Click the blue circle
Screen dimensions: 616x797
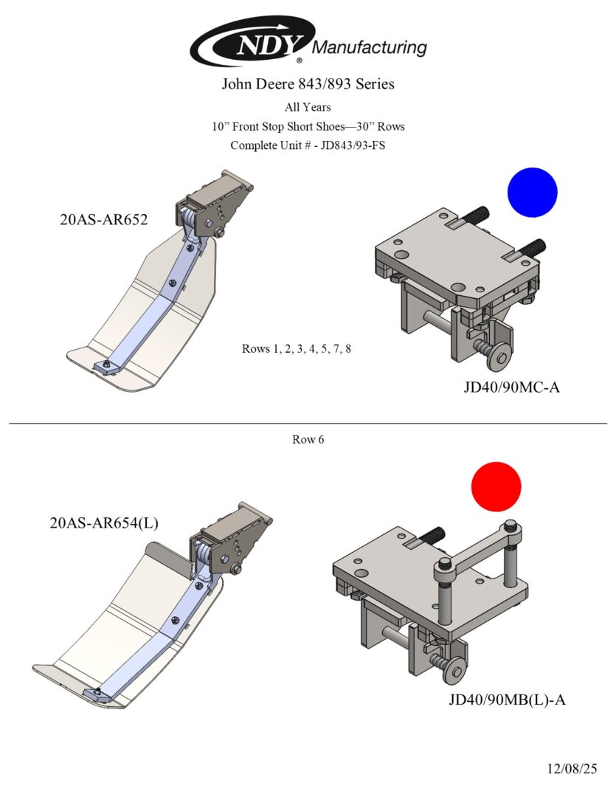(x=532, y=192)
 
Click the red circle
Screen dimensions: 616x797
(x=496, y=486)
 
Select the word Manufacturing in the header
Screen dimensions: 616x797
(x=370, y=48)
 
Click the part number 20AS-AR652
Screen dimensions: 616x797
(x=104, y=220)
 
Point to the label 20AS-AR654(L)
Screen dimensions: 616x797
(x=104, y=522)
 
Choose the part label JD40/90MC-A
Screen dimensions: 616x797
(x=511, y=387)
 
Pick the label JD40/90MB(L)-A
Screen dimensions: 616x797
(x=507, y=700)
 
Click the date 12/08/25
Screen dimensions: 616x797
(x=572, y=768)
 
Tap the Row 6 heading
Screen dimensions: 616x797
(x=308, y=439)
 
